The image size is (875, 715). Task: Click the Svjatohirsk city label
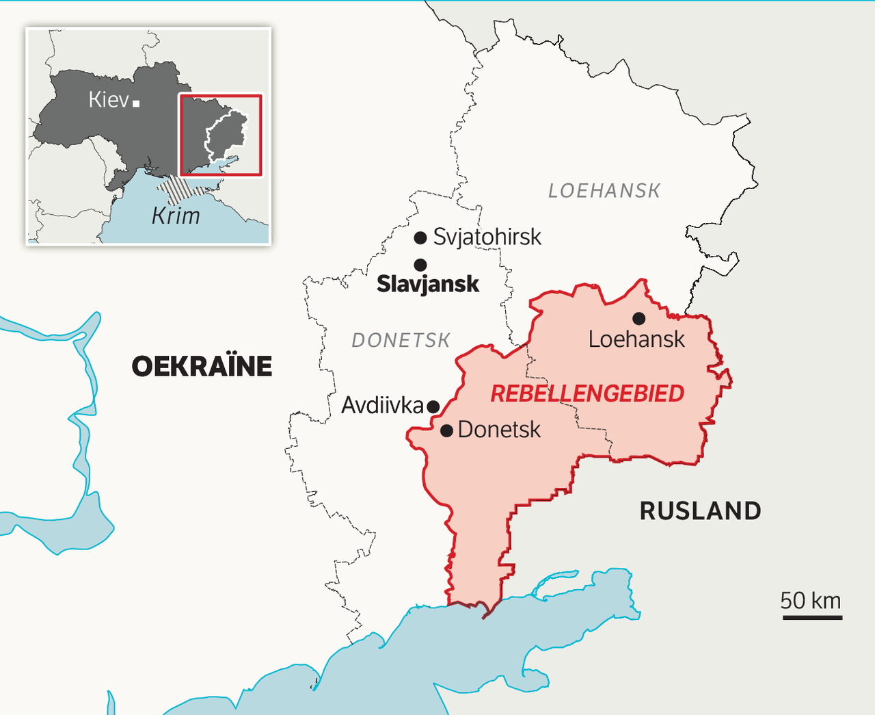click(x=487, y=237)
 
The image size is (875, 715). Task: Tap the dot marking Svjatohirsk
click(x=420, y=238)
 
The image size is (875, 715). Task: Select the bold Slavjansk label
click(x=428, y=283)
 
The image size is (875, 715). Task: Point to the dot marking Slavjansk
click(x=420, y=265)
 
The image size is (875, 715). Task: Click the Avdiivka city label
click(x=382, y=405)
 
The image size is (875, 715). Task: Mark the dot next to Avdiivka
click(x=433, y=406)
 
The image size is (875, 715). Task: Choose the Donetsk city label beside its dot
click(x=499, y=430)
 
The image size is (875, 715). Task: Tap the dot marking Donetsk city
click(x=446, y=430)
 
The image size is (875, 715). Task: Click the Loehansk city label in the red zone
click(x=636, y=339)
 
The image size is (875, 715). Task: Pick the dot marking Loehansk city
click(x=638, y=318)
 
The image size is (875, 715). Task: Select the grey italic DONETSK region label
click(x=401, y=340)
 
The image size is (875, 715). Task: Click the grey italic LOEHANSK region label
click(x=604, y=191)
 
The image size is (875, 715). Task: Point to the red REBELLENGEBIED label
click(x=587, y=393)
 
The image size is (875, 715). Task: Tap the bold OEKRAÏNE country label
click(x=202, y=367)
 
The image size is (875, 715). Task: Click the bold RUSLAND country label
click(x=700, y=510)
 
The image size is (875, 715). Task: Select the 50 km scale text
click(x=811, y=600)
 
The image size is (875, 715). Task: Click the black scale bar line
click(x=812, y=617)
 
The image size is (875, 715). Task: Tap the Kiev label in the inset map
click(x=109, y=100)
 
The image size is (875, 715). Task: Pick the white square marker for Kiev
click(x=136, y=103)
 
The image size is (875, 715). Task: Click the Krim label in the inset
click(x=176, y=216)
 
